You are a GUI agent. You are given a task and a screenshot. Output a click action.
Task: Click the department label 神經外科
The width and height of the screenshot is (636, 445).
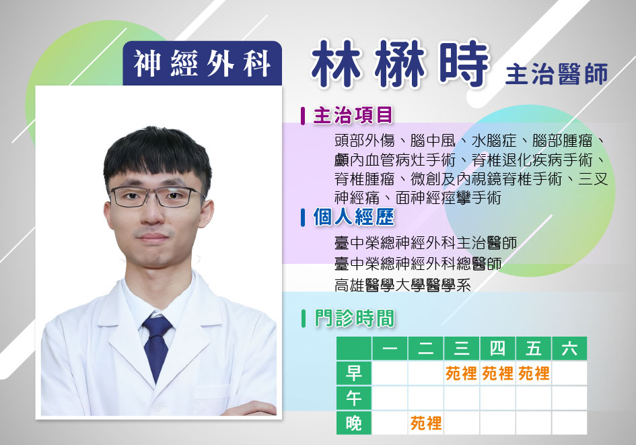pyautogui.click(x=202, y=64)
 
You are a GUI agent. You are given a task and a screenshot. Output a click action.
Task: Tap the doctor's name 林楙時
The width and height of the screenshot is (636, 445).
pyautogui.click(x=399, y=65)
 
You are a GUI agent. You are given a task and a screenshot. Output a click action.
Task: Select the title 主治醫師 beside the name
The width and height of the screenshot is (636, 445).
pyautogui.click(x=557, y=74)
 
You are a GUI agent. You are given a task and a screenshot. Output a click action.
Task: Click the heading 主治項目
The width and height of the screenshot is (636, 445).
pyautogui.click(x=353, y=115)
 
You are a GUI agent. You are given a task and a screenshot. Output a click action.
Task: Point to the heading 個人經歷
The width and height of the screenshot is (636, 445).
pyautogui.click(x=353, y=217)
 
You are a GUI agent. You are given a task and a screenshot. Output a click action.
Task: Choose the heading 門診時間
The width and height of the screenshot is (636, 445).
pyautogui.click(x=354, y=318)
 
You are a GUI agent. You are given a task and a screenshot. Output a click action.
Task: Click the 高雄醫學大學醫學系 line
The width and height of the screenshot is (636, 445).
pyautogui.click(x=402, y=285)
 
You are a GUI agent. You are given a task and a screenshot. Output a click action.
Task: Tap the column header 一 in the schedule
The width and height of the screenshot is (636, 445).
pyautogui.click(x=390, y=349)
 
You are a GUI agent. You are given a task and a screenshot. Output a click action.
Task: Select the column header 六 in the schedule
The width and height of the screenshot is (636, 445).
pyautogui.click(x=569, y=349)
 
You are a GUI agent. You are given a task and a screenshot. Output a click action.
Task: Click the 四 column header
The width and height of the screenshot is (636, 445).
pyautogui.click(x=497, y=349)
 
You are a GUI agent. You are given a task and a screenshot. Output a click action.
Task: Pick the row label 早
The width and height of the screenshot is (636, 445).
pyautogui.click(x=354, y=373)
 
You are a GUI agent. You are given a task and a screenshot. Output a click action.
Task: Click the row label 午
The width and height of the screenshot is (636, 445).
pyautogui.click(x=354, y=398)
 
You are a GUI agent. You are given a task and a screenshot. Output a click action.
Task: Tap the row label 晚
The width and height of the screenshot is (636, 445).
pyautogui.click(x=354, y=423)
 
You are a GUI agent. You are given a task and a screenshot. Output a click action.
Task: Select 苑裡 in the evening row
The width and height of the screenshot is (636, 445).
pyautogui.click(x=426, y=423)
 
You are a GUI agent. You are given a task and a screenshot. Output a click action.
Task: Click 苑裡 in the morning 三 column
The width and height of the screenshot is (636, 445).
pyautogui.click(x=461, y=373)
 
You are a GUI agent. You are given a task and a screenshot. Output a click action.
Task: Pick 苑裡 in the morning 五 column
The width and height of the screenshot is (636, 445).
pyautogui.click(x=534, y=373)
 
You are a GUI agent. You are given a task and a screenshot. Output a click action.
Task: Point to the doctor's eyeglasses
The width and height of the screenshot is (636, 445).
pyautogui.click(x=158, y=197)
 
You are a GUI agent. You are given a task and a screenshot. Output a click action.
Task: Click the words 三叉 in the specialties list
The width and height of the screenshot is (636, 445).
pyautogui.click(x=593, y=179)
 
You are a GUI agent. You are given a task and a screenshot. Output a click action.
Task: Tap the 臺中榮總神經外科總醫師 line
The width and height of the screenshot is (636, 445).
pyautogui.click(x=418, y=264)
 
